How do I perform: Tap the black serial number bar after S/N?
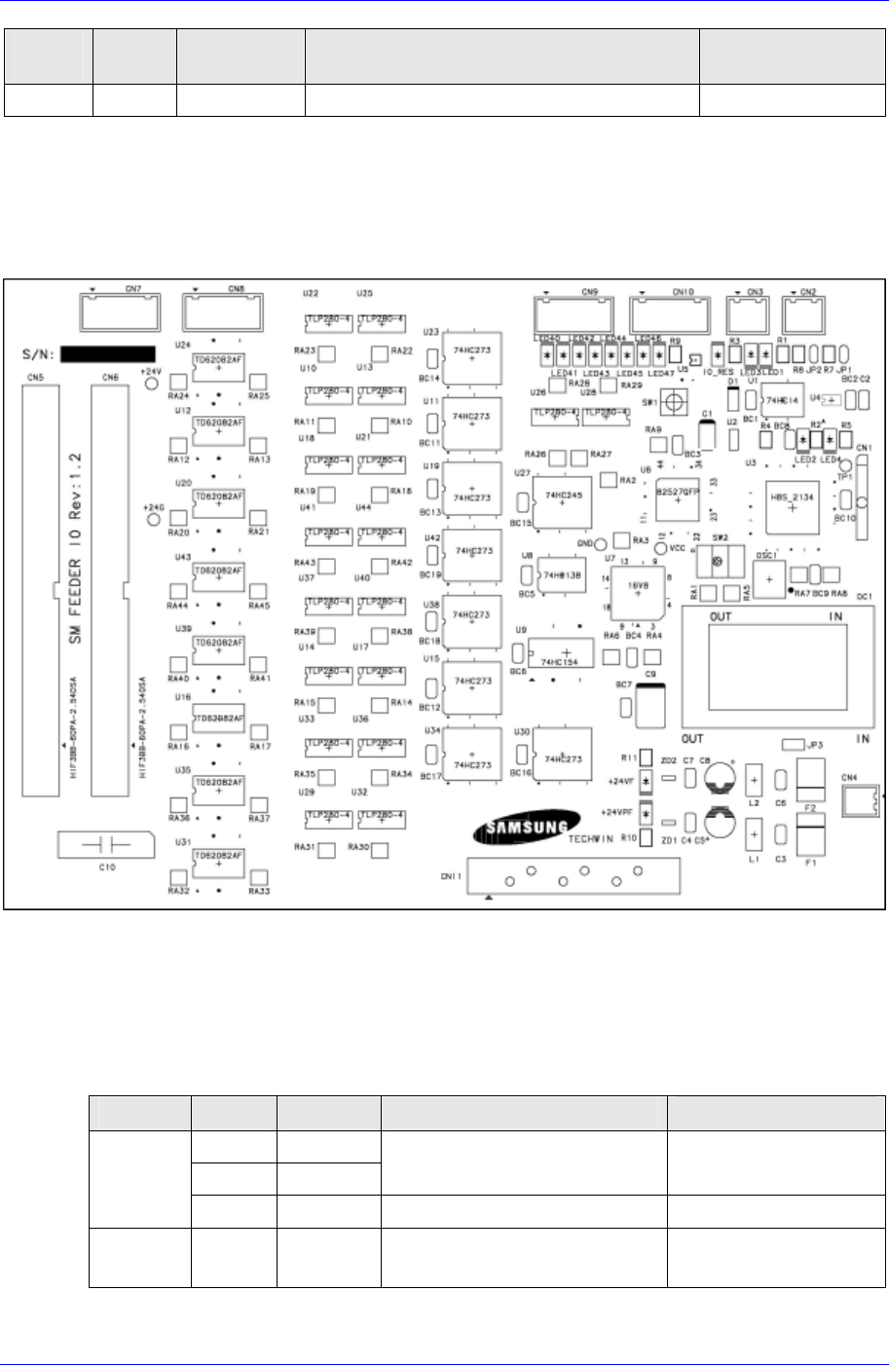pyautogui.click(x=108, y=353)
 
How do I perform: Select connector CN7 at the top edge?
pyautogui.click(x=121, y=311)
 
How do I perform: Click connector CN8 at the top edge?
pyautogui.click(x=223, y=311)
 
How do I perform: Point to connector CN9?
pyautogui.click(x=574, y=314)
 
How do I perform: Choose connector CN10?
pyautogui.click(x=673, y=314)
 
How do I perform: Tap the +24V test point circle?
pyautogui.click(x=152, y=384)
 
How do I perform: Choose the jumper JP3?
pyautogui.click(x=792, y=745)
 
